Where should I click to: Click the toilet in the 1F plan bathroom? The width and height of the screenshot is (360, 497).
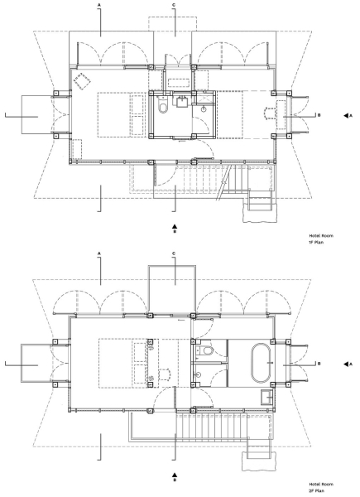click(163, 106)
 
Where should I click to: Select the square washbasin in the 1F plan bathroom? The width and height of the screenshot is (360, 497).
click(180, 101)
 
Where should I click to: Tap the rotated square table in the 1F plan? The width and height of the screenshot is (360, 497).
click(82, 81)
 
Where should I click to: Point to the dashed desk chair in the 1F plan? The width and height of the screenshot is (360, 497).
click(270, 113)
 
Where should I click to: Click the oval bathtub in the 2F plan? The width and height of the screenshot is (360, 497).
click(261, 364)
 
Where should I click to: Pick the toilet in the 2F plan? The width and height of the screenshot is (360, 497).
click(207, 350)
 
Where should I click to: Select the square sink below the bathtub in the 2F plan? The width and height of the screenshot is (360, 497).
click(267, 397)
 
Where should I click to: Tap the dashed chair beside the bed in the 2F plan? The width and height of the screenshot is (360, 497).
click(164, 374)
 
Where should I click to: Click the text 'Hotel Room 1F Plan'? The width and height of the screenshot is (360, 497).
click(321, 239)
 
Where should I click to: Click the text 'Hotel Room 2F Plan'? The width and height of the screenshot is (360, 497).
click(321, 488)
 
